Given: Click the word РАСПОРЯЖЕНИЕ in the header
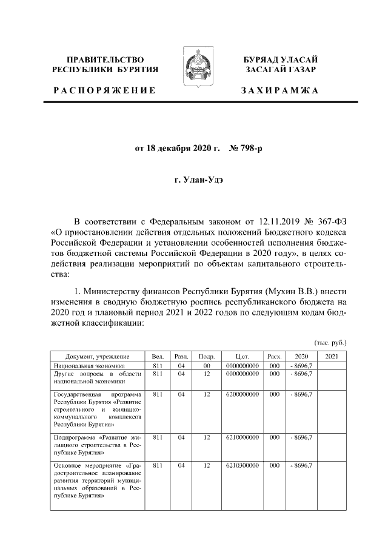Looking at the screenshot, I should [x=104, y=90].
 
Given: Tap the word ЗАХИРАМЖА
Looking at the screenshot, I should [x=279, y=90].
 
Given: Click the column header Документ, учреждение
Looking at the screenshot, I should [x=98, y=357].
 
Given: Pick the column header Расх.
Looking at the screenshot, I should [x=274, y=357].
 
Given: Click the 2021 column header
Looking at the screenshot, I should [x=332, y=357].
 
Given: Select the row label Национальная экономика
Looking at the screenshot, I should [x=89, y=366].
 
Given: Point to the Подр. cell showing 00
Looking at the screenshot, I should [x=207, y=366].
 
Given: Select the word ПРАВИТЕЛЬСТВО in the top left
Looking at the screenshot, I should [x=104, y=59].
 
